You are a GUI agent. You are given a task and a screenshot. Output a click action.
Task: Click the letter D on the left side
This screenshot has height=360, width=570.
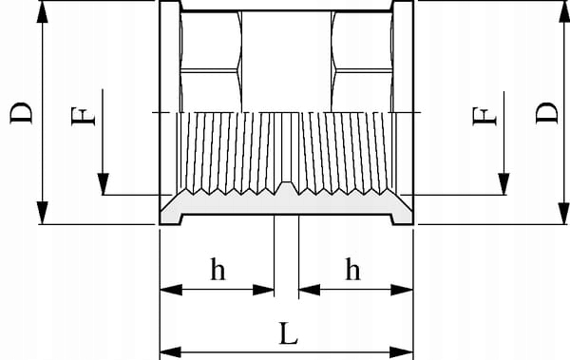(21, 113)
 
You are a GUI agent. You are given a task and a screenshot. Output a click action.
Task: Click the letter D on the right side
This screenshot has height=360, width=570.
(547, 113)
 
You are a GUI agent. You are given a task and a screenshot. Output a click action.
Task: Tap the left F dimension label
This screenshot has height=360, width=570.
(84, 116)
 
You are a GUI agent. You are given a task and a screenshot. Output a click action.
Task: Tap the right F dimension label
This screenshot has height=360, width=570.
(484, 116)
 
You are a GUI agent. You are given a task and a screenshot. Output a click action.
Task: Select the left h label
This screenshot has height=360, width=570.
(218, 269)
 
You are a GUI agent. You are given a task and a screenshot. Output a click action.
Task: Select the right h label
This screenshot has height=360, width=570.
(352, 269)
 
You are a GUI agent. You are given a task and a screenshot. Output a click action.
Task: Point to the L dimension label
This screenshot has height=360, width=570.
(289, 333)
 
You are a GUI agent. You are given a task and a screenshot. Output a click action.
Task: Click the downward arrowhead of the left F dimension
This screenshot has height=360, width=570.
(103, 184)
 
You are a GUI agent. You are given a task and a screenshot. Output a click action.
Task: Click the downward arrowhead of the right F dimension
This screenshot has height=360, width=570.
(503, 184)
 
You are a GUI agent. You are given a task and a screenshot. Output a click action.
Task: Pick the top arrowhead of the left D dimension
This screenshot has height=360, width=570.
(43, 12)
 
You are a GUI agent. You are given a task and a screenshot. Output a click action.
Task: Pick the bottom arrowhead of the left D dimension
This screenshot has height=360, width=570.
(43, 213)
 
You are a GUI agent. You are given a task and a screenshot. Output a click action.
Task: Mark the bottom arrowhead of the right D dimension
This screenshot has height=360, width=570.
(563, 213)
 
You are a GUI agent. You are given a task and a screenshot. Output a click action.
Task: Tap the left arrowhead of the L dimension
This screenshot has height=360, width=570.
(171, 352)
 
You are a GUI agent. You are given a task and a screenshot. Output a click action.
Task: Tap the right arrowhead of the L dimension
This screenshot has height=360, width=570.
(402, 352)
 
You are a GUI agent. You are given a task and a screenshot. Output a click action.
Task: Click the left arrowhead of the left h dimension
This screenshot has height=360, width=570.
(171, 290)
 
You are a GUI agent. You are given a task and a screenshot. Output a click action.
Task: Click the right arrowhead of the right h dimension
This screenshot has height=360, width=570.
(402, 290)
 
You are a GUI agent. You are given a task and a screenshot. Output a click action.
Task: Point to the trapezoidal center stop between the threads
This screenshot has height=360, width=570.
(287, 187)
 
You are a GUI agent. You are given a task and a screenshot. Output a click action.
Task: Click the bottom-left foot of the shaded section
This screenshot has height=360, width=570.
(171, 219)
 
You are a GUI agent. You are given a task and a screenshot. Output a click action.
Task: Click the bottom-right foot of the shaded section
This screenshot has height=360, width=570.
(402, 219)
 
